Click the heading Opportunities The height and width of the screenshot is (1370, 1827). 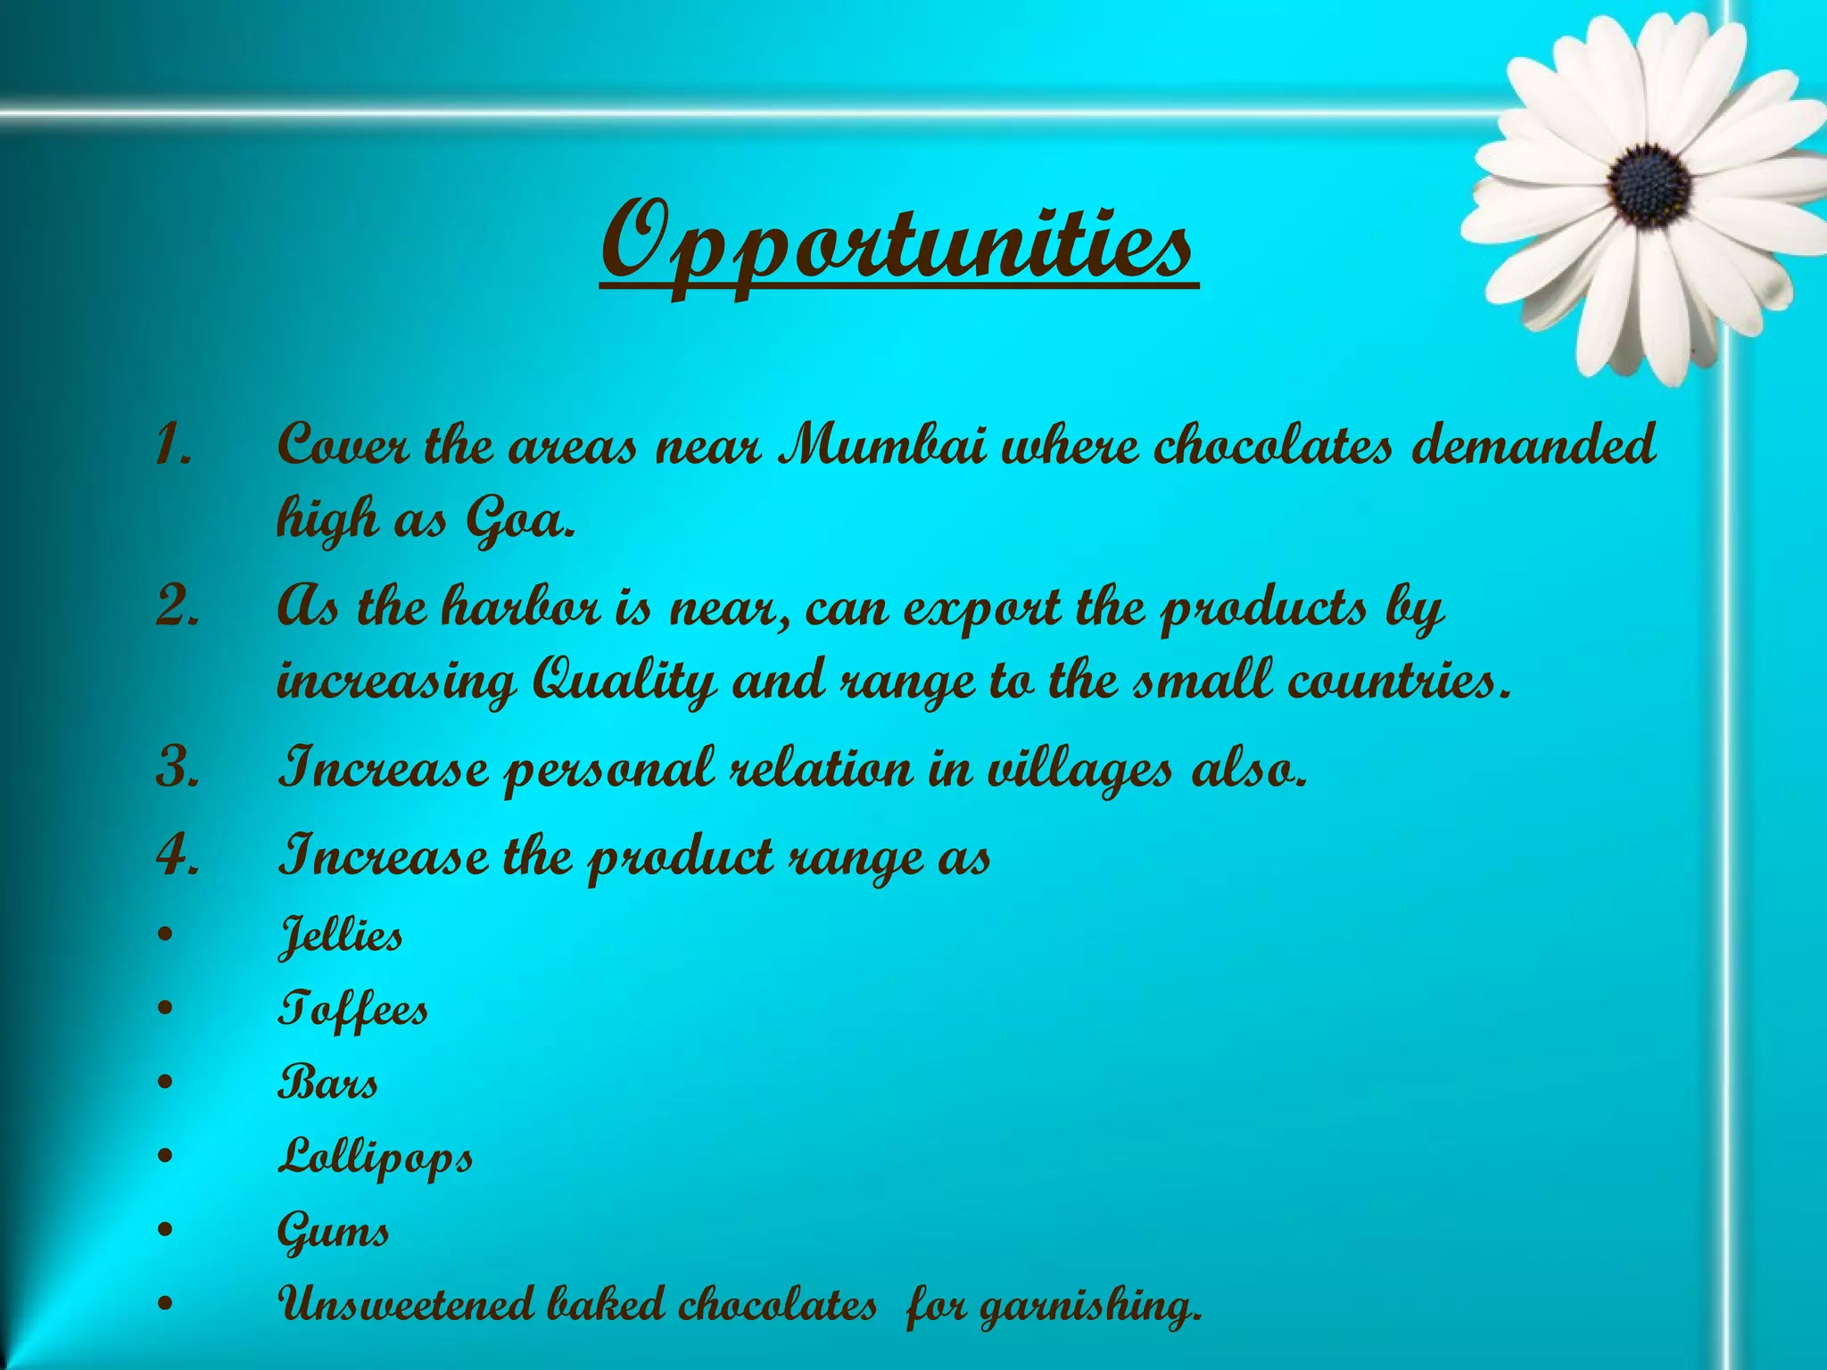click(x=897, y=246)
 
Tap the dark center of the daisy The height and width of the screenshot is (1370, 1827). click(x=1650, y=186)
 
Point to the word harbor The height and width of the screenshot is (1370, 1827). click(x=520, y=608)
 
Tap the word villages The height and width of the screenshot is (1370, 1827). click(x=1079, y=769)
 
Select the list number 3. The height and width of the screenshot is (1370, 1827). click(x=176, y=769)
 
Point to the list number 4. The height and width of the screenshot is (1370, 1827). click(x=176, y=856)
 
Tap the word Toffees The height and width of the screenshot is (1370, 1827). click(x=352, y=1011)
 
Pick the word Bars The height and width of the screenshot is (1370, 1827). click(x=327, y=1084)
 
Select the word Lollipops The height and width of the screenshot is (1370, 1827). click(x=375, y=1159)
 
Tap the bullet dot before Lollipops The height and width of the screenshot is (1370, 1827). click(x=164, y=1158)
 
